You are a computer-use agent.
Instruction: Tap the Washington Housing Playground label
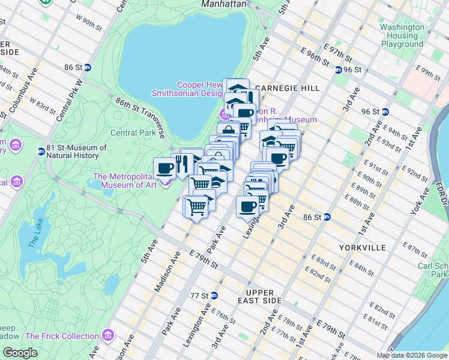click(402, 35)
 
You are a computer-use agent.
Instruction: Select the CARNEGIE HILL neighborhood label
click(296, 88)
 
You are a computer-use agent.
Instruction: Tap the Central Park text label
click(133, 133)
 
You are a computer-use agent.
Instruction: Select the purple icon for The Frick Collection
click(108, 334)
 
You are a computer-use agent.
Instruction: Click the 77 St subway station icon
click(214, 296)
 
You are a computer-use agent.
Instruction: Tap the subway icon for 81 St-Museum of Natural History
click(41, 152)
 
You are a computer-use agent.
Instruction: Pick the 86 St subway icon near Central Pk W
click(87, 68)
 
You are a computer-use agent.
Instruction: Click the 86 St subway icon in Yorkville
click(328, 217)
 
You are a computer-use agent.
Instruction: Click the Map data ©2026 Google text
click(412, 355)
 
